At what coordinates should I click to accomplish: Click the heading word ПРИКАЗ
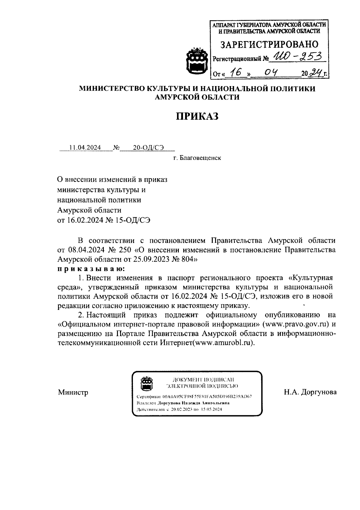click(x=196, y=116)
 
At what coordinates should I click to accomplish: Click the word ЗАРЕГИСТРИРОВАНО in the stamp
click(x=269, y=44)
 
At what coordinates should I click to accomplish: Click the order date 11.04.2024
click(x=85, y=148)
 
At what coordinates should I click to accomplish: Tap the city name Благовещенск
click(x=200, y=158)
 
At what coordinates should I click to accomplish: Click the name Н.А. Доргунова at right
click(x=310, y=392)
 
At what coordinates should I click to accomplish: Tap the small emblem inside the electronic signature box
click(x=147, y=384)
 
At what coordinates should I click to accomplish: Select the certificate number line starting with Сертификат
click(x=194, y=396)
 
